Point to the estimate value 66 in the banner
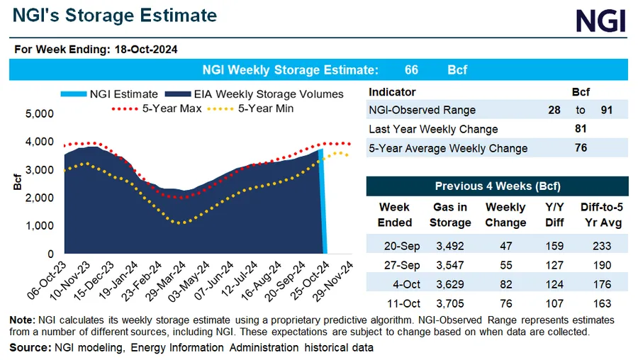point(411,70)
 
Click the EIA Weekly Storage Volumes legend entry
point(254,94)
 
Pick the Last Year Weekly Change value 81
point(580,129)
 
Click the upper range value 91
point(605,110)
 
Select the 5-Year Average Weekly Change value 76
point(580,148)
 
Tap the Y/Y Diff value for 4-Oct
point(554,286)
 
